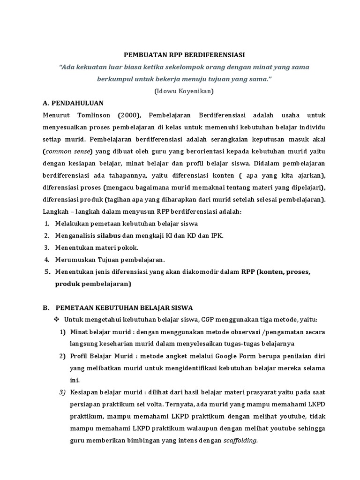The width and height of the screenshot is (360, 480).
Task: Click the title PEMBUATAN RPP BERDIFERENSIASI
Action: coord(180,55)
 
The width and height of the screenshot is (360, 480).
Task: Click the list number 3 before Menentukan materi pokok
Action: coord(46,247)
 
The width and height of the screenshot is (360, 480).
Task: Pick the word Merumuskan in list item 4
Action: coord(74,259)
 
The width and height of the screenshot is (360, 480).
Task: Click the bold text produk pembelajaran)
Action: coord(93,284)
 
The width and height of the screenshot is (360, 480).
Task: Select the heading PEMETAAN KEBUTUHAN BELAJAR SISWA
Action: coord(124,307)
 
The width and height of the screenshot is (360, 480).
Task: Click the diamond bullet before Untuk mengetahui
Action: coord(56,320)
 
